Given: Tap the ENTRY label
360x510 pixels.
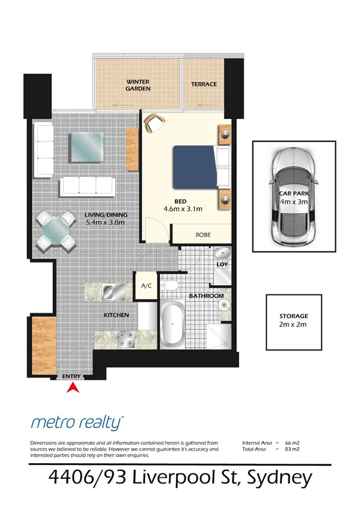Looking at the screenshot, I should click(72, 376).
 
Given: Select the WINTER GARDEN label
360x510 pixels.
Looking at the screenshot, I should click(138, 84).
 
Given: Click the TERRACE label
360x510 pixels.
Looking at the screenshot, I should click(203, 84).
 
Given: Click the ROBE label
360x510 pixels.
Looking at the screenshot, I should click(201, 235).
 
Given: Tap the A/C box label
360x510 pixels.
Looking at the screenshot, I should click(147, 286).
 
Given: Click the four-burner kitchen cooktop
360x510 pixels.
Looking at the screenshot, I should click(127, 339).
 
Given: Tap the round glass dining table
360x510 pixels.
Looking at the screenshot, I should click(56, 230).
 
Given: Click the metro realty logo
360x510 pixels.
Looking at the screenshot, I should click(76, 422).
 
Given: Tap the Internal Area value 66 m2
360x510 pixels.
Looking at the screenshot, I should click(291, 443).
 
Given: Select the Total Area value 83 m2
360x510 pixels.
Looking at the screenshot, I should click(291, 449).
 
